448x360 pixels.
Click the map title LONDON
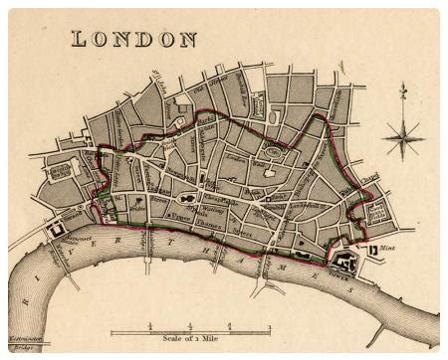click(133, 39)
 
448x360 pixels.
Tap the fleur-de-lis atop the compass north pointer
click(404, 91)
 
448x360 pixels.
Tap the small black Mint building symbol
click(373, 252)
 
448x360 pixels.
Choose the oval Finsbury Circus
click(274, 152)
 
